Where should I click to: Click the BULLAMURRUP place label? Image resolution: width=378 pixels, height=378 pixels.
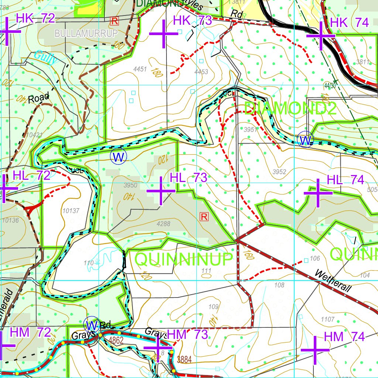tap(86, 34)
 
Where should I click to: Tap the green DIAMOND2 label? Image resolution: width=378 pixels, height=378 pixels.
tap(290, 109)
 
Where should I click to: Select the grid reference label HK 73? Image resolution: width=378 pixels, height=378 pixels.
tap(192, 21)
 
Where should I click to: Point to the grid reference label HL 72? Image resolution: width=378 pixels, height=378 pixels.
tap(31, 175)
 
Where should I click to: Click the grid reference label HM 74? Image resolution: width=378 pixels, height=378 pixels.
tap(344, 337)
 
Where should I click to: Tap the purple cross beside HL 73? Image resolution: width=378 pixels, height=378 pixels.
tap(161, 191)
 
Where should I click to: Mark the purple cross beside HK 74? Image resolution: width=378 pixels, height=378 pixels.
tap(320, 36)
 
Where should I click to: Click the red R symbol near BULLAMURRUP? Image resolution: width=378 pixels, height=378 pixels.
tap(114, 21)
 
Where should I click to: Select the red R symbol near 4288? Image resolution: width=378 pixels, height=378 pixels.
tap(204, 216)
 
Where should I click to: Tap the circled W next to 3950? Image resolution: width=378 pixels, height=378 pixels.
tap(118, 157)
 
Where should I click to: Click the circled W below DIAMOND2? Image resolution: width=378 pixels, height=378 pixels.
tap(305, 140)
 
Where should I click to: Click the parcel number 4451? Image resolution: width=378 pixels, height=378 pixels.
tap(140, 69)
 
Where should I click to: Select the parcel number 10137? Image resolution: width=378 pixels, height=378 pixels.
tap(71, 211)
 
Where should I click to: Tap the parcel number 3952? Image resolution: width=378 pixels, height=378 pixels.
tap(279, 172)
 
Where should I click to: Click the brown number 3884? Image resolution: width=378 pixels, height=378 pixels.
tap(184, 360)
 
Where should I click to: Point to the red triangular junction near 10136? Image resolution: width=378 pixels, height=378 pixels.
tap(31, 210)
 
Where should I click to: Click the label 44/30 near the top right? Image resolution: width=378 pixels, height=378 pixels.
tap(330, 86)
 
